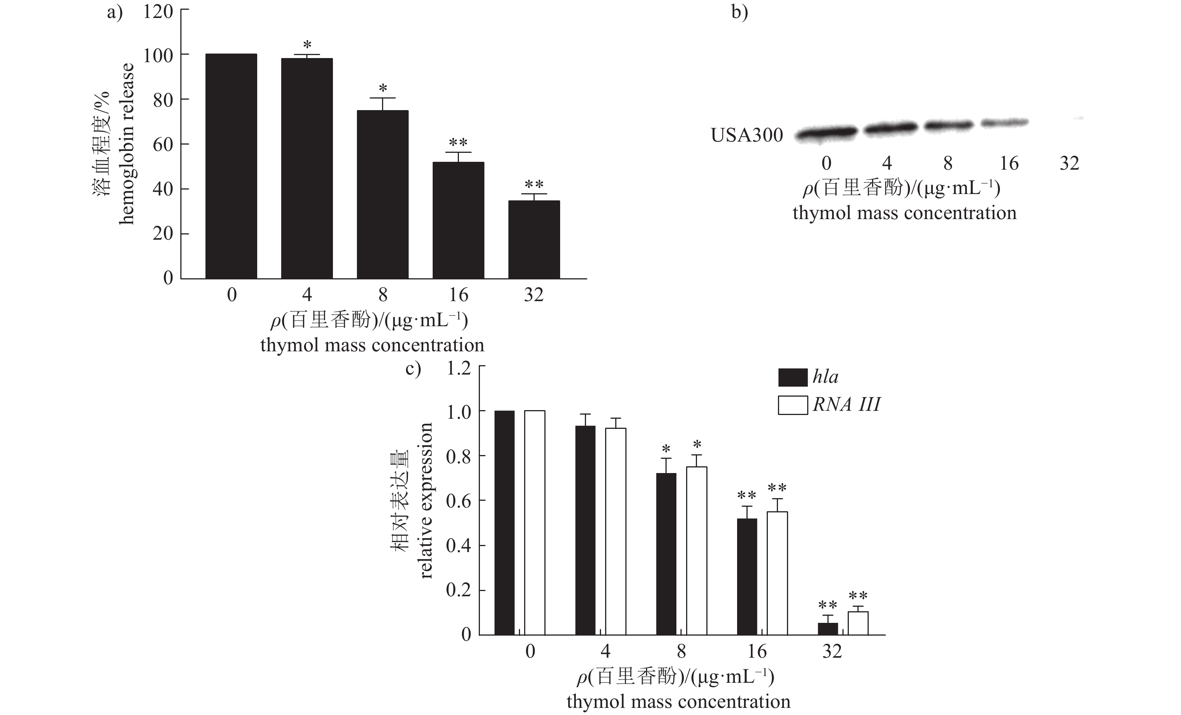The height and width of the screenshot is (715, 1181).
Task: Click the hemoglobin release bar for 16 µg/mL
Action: coord(458,220)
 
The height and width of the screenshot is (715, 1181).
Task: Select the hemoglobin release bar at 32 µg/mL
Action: coord(534,239)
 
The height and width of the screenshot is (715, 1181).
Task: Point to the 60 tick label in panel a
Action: coord(163,144)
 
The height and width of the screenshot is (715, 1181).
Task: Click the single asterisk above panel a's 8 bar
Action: coord(383,89)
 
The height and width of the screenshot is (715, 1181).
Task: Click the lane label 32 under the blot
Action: coord(1069,163)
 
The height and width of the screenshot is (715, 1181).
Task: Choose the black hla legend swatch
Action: coord(792,378)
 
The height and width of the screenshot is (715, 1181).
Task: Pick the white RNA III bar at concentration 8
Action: coord(697,551)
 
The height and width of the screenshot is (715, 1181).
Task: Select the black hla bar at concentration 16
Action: coord(747,576)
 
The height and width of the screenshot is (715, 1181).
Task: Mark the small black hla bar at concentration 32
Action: coord(828,629)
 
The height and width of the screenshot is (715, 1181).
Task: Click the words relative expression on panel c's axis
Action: coord(426,500)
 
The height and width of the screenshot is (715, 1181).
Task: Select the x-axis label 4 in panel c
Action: coord(606,651)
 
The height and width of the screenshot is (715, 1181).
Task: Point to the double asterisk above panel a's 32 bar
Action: coord(534,184)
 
